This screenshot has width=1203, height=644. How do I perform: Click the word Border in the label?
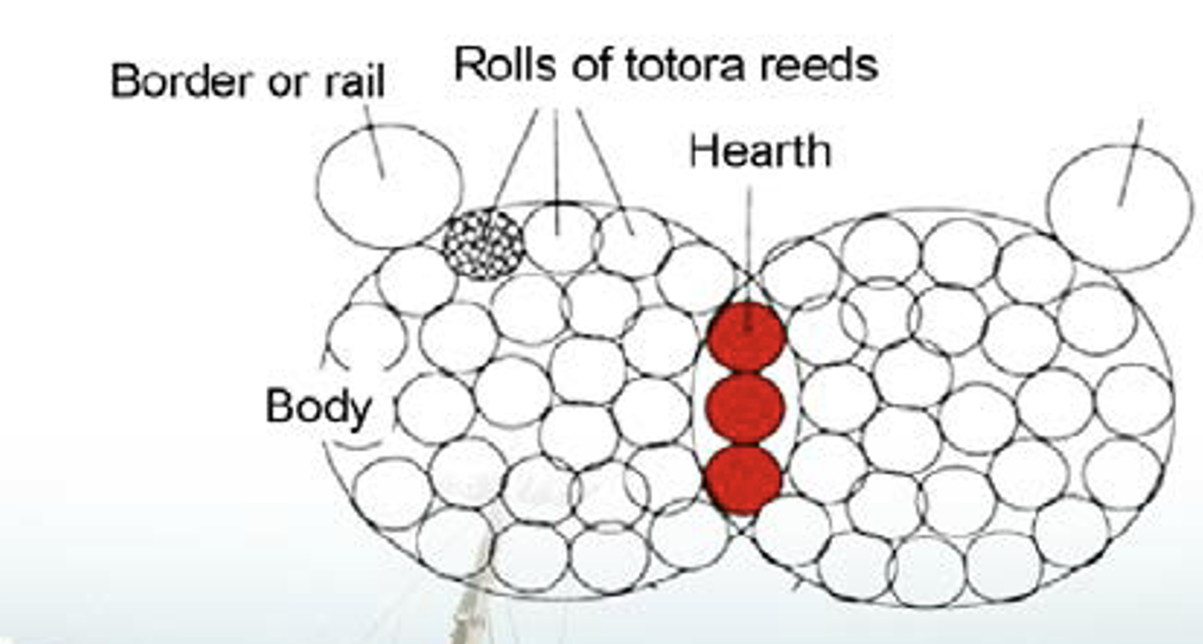pos(181,82)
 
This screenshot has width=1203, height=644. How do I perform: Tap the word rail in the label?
pos(354,82)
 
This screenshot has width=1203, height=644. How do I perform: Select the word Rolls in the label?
pos(505,64)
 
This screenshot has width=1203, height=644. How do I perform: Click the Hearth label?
pos(760,152)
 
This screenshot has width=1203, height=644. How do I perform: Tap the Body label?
pos(319,408)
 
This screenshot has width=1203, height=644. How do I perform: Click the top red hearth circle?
pos(747,337)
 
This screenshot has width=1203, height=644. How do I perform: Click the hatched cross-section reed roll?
pos(484,245)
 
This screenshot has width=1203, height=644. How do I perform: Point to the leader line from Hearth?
pos(749,258)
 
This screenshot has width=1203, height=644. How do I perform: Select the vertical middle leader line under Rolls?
pos(557,172)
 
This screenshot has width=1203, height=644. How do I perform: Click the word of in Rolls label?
pos(591,64)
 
